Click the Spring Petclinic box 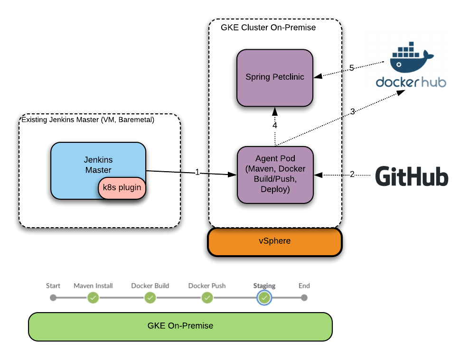click(x=275, y=77)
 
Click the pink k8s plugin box click(x=122, y=187)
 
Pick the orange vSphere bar click(x=275, y=241)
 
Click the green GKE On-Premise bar click(x=180, y=326)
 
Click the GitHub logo click(x=410, y=176)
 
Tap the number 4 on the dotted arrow click(x=274, y=126)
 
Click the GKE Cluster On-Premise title click(x=268, y=28)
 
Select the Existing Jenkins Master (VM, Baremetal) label click(x=88, y=120)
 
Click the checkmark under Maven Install click(x=93, y=298)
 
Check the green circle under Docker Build click(x=150, y=298)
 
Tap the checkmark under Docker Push click(x=207, y=298)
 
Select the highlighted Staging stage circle click(x=264, y=298)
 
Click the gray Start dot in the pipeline click(x=53, y=298)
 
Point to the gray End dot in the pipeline click(x=304, y=298)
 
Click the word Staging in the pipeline click(x=264, y=286)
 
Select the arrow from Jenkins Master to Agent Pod click(x=190, y=173)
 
